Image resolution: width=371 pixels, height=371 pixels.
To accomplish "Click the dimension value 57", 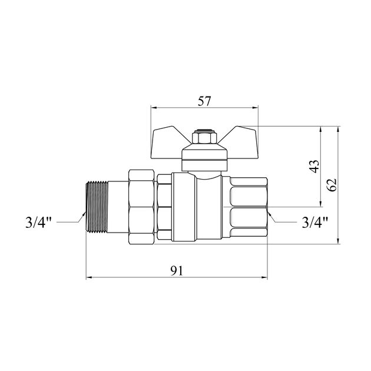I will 204,101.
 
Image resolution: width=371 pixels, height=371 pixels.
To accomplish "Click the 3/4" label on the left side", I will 39,223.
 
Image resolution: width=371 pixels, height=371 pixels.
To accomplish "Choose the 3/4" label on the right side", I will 315,223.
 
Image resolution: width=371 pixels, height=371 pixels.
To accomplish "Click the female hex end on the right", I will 247,206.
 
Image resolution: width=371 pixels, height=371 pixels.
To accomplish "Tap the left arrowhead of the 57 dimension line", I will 154,108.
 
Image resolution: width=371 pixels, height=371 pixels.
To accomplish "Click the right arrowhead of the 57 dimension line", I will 255,108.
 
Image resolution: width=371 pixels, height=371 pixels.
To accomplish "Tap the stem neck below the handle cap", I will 204,168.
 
